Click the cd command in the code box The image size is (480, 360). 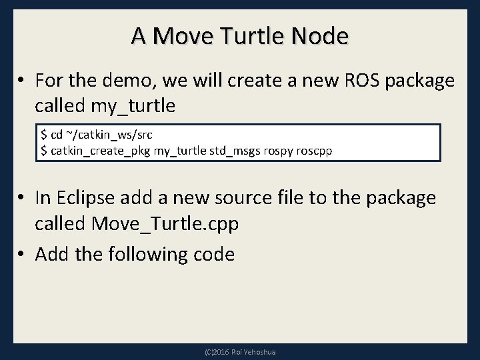[x=57, y=136]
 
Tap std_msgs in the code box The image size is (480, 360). [x=227, y=151]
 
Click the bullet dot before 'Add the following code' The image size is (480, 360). [x=22, y=255]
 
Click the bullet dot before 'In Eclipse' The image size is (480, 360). [x=22, y=198]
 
